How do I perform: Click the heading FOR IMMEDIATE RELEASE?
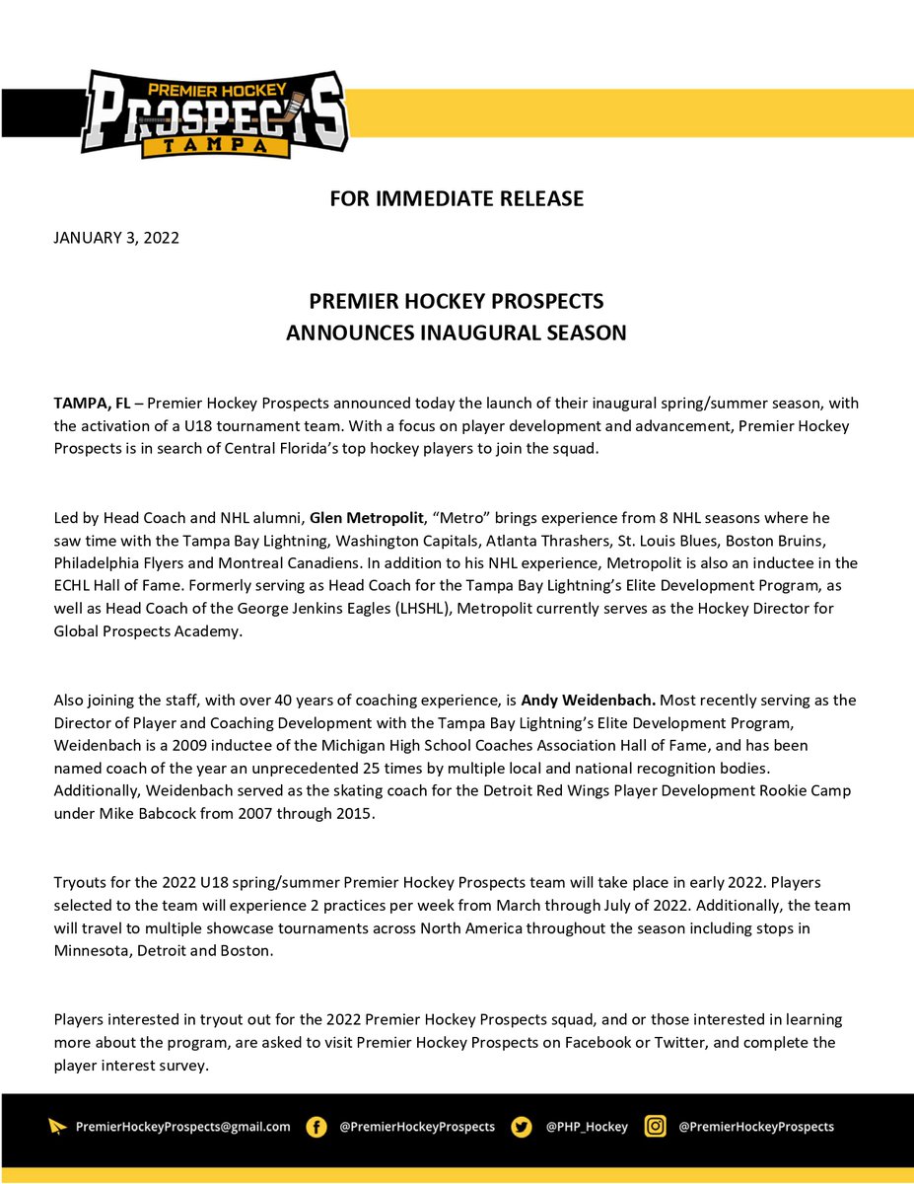tap(457, 198)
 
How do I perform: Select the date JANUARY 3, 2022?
tap(115, 238)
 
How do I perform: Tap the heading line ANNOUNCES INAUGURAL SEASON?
tap(457, 333)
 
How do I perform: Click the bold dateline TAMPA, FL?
tap(91, 405)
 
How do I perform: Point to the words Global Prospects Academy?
tap(147, 631)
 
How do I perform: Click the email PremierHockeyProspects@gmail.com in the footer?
tap(183, 1127)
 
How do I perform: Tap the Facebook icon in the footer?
tap(316, 1127)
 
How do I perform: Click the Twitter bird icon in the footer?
tap(523, 1127)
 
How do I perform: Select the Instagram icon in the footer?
tap(655, 1127)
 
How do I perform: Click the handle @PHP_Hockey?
tap(587, 1127)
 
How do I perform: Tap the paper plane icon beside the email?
tap(58, 1127)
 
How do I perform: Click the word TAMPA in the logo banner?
tap(217, 146)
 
